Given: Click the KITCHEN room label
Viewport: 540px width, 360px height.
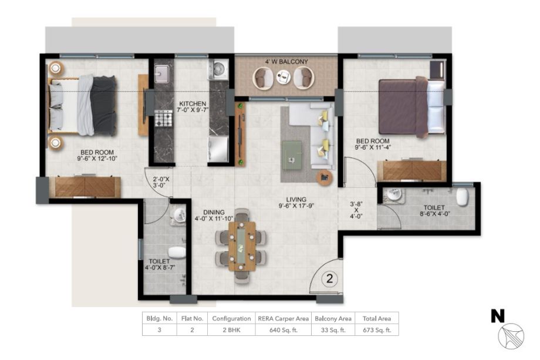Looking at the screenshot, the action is [x=193, y=104].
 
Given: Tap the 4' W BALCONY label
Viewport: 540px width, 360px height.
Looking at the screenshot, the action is [x=286, y=62].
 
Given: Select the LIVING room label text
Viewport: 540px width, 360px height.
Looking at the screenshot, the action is [x=296, y=200].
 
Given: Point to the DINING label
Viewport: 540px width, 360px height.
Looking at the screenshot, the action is [x=214, y=212].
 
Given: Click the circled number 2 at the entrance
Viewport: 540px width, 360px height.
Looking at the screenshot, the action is [x=330, y=278].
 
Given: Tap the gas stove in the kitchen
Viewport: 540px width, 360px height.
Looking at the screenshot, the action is [x=163, y=118].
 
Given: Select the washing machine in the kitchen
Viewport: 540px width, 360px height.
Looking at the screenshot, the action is [x=218, y=70].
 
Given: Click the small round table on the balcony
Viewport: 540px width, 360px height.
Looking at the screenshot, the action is [x=283, y=76].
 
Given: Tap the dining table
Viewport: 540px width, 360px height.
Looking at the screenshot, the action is [x=242, y=246].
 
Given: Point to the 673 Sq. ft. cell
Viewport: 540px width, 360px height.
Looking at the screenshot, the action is [x=377, y=330].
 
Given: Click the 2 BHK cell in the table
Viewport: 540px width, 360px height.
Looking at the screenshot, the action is [x=231, y=330].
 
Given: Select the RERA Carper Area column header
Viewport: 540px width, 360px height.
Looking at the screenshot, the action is [x=283, y=319].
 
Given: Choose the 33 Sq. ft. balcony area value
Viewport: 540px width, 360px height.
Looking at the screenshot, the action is [x=333, y=330].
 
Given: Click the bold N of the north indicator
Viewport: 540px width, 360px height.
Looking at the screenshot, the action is [x=498, y=316].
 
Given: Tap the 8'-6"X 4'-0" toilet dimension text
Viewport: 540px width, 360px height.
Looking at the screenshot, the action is [x=435, y=214].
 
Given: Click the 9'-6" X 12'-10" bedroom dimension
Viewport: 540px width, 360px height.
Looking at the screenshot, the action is [x=97, y=159].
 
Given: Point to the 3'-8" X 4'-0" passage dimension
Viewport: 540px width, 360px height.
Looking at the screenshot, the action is [x=356, y=210].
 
